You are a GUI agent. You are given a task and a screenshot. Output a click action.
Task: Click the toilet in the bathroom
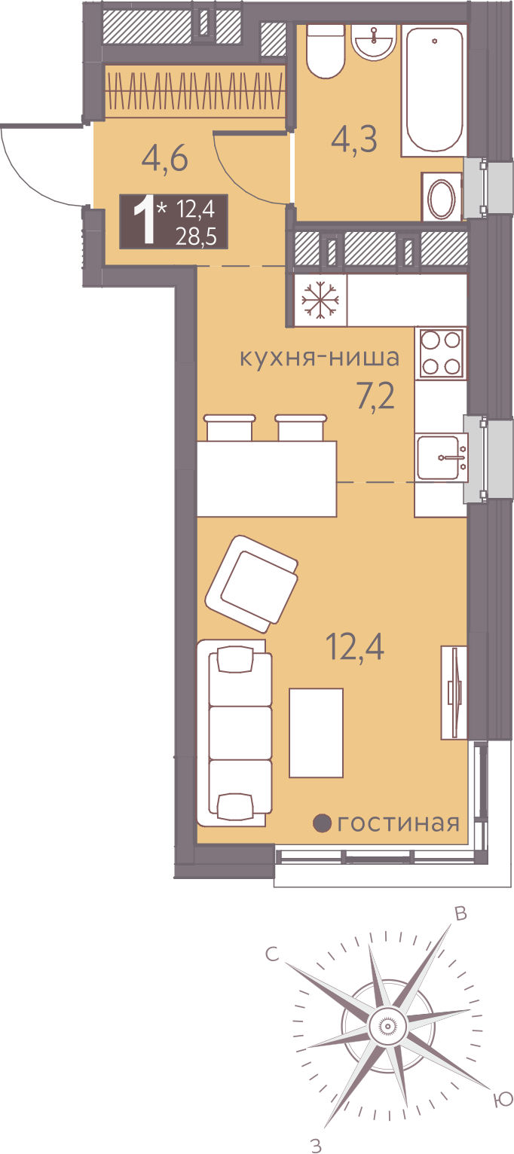326,50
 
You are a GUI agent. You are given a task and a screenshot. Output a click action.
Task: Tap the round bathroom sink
375,41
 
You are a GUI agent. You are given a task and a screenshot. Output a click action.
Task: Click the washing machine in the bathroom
442,197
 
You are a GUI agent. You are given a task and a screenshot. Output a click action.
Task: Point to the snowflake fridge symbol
320,300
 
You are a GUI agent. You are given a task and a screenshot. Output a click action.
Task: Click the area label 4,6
165,160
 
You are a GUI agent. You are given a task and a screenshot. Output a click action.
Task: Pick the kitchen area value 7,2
376,397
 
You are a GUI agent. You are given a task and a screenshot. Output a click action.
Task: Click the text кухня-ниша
320,357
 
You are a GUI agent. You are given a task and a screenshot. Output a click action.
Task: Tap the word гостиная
398,823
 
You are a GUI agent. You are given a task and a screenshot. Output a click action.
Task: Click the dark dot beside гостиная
323,823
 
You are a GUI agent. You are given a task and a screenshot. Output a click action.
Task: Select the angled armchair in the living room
252,583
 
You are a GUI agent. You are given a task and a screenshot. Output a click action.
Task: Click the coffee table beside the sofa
316,733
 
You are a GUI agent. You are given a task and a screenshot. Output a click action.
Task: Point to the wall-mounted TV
454,692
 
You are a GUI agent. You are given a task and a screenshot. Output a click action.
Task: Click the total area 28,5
195,237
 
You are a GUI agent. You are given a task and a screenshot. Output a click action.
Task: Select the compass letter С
272,954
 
